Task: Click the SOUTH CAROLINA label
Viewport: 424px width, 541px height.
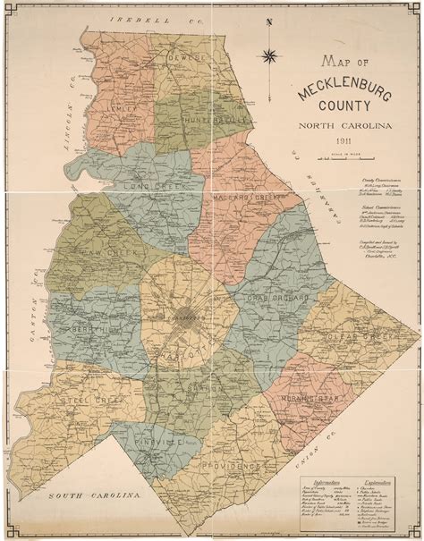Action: (94, 495)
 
